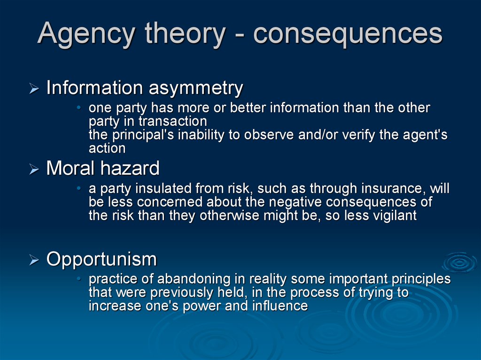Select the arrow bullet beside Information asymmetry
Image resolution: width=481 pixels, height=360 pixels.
(x=34, y=89)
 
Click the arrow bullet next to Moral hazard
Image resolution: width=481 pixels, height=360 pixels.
(x=34, y=169)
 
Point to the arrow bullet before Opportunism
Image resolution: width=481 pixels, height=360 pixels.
(x=34, y=260)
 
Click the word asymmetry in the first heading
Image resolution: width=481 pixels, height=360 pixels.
(x=196, y=89)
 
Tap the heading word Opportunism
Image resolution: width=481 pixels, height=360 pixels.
(x=101, y=260)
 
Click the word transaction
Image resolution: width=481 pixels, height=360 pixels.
(x=173, y=121)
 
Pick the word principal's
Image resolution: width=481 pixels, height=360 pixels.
(x=143, y=135)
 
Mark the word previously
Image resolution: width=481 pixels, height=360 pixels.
(x=182, y=293)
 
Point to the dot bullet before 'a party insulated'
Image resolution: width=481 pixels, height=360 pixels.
(x=79, y=188)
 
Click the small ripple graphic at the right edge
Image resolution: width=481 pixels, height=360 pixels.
(x=460, y=263)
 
